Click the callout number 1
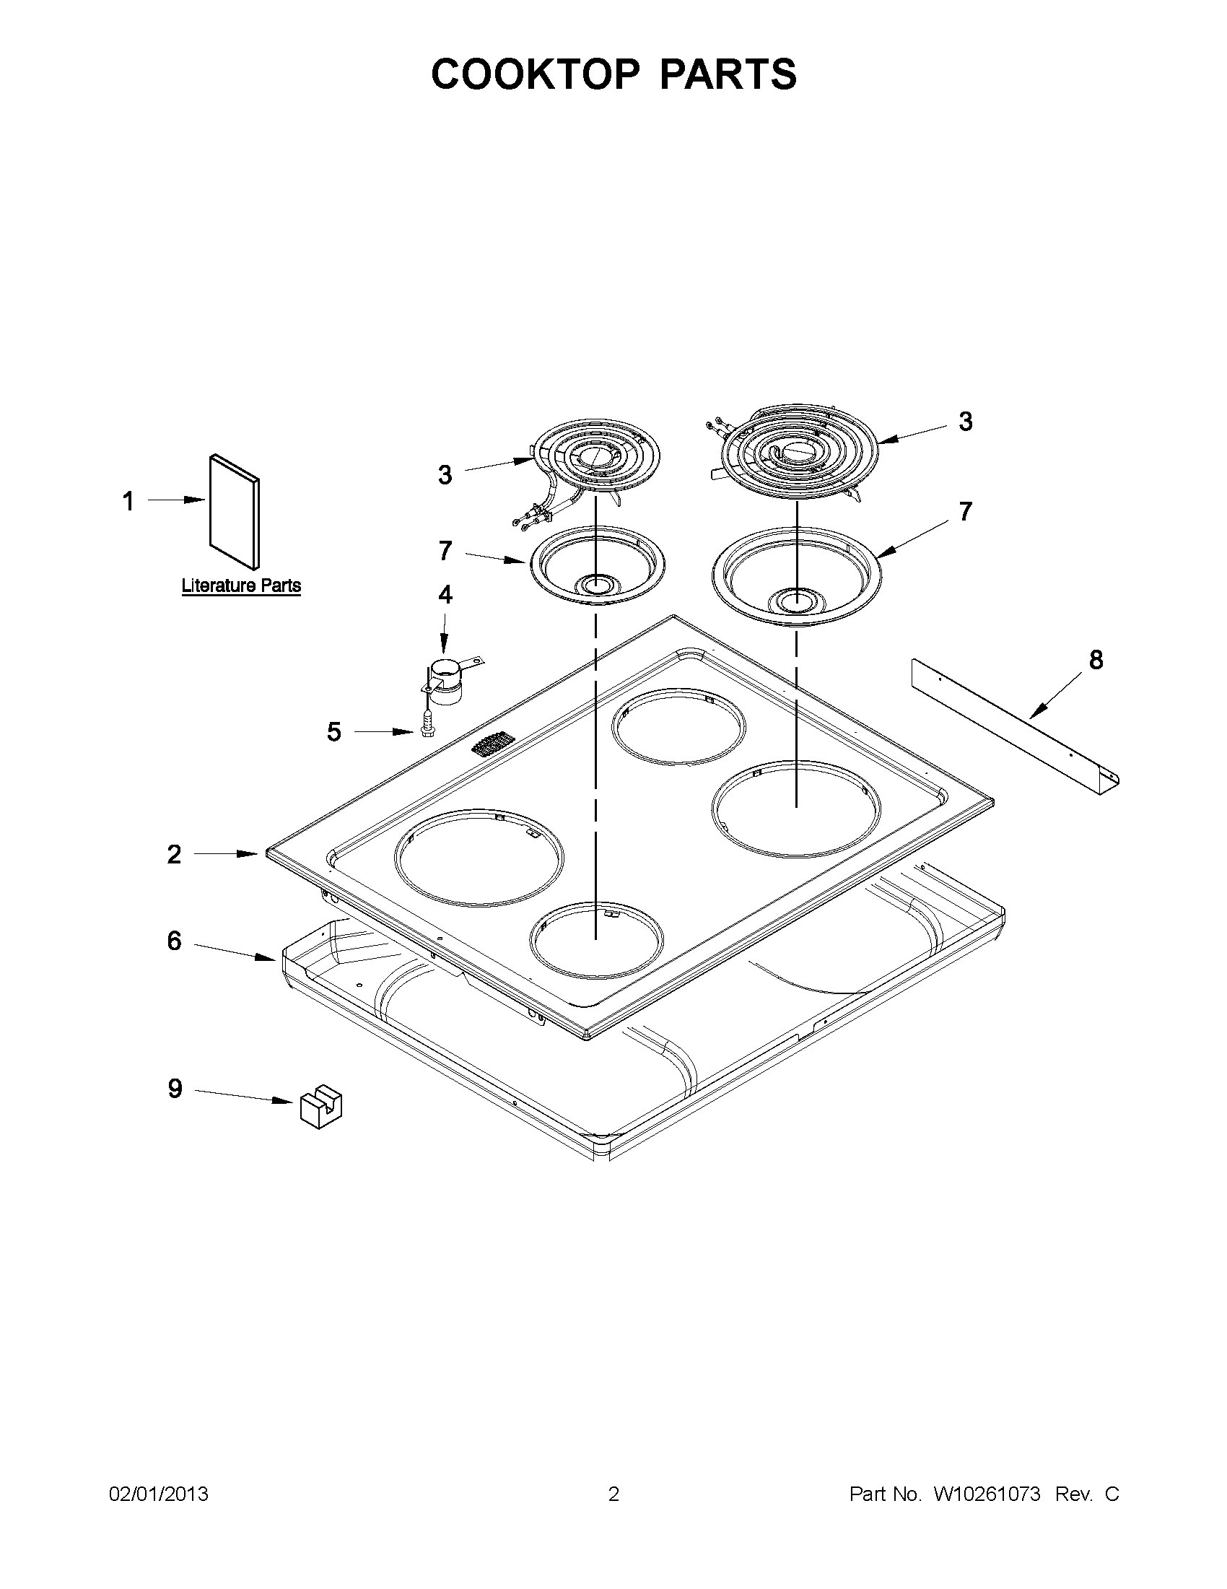(x=128, y=501)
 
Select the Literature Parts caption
(x=241, y=585)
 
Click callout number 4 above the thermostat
(x=445, y=594)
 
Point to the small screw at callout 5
(x=427, y=728)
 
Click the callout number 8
(x=1096, y=660)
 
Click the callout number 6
(x=174, y=941)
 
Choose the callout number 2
(x=173, y=854)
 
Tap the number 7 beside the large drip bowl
(x=964, y=512)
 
